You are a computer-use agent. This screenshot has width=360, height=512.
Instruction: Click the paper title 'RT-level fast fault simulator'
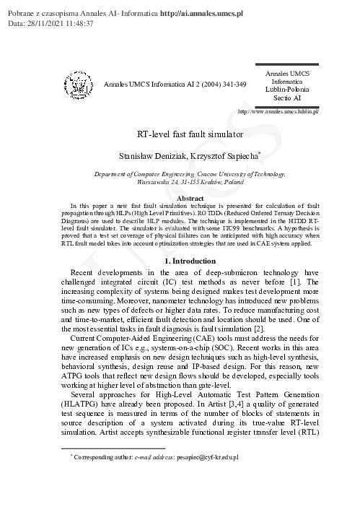pyautogui.click(x=190, y=134)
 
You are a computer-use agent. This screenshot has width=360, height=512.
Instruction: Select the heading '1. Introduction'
pyautogui.click(x=190, y=261)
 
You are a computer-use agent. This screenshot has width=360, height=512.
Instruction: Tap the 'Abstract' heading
pyautogui.click(x=190, y=198)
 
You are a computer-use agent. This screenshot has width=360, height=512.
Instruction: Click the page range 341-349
pyautogui.click(x=230, y=84)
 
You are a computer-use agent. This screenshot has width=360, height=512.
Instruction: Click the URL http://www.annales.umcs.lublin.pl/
pyautogui.click(x=278, y=113)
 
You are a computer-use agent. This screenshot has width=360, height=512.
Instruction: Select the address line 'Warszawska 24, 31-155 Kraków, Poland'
pyautogui.click(x=190, y=183)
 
